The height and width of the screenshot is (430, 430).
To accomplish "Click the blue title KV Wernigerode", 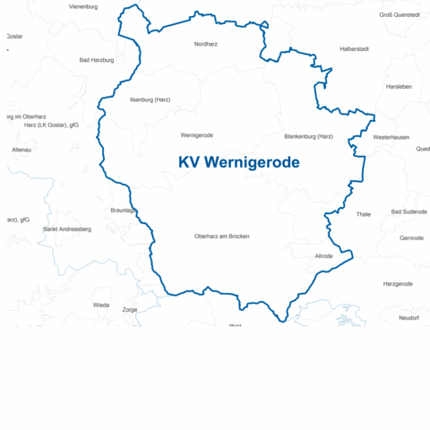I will point(239,162).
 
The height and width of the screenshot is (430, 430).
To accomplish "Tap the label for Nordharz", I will point(206,43).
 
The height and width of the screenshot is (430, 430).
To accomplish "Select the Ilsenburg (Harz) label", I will point(150,99).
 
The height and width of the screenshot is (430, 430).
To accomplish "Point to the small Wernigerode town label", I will point(196,135).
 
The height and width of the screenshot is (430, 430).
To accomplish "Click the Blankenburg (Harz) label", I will point(308,136).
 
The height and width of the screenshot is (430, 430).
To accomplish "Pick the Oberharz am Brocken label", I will point(221,236).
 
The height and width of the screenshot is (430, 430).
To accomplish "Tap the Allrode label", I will point(323,256).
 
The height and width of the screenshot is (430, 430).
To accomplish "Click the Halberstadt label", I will point(355,48).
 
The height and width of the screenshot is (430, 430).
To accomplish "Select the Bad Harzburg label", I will point(97,60).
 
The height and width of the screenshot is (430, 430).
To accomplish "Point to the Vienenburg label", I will point(82,6).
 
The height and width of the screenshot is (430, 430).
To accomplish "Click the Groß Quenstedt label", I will point(400,14).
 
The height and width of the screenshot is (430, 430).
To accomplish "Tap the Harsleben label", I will point(398,87).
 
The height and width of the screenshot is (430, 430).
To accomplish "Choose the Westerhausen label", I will point(391,137).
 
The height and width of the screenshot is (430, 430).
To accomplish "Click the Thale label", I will point(363,214).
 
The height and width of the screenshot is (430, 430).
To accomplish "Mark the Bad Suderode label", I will point(408,211).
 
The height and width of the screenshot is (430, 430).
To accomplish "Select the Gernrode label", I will point(411,237).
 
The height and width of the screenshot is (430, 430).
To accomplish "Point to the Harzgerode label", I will point(398,283).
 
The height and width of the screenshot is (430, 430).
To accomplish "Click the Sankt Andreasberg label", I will point(67,229).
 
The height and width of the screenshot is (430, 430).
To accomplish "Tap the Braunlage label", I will point(123,210).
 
